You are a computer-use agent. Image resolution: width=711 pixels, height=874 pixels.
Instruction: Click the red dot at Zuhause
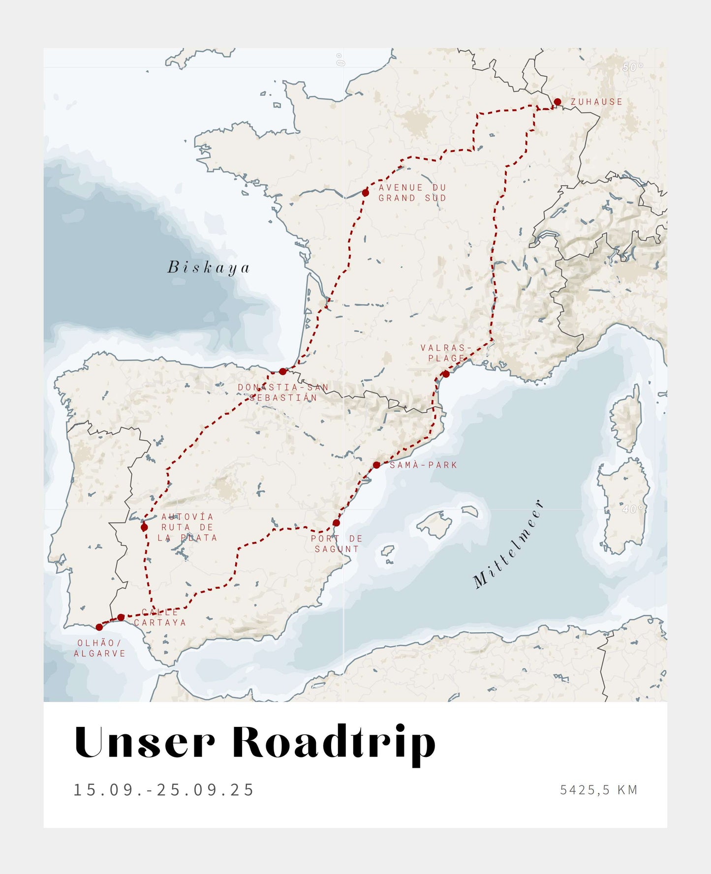pos(557,102)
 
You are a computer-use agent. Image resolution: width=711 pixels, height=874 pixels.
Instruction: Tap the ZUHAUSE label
pos(596,102)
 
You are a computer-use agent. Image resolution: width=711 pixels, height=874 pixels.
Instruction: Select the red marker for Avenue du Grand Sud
pos(365,193)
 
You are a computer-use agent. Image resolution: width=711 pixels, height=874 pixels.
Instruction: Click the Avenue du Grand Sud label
pos(412,193)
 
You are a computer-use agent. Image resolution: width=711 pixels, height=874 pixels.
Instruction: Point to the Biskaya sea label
pos(209,267)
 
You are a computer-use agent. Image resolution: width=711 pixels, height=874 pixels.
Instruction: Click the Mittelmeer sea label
pos(509,544)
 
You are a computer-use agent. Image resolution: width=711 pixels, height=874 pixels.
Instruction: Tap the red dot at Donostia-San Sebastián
pos(282,371)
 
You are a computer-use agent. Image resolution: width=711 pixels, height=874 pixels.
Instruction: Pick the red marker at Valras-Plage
pos(446,374)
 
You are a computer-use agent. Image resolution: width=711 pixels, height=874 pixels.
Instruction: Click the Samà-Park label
pos(423,465)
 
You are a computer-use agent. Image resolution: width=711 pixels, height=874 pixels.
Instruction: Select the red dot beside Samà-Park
pos(376,465)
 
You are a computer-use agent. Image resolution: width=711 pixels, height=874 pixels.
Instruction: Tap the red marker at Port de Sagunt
pos(336,523)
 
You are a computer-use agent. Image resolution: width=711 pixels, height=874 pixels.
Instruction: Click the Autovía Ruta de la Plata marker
pos(144,527)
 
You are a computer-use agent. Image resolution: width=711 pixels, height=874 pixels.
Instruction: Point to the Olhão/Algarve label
pos(99,648)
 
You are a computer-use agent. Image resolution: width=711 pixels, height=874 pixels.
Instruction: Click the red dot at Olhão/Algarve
pos(99,627)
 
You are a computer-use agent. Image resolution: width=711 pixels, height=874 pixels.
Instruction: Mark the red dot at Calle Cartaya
pos(121,617)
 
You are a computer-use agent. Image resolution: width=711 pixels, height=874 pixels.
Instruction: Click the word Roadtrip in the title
pos(334,743)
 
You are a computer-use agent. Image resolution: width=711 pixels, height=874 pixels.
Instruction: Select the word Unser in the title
pos(145,743)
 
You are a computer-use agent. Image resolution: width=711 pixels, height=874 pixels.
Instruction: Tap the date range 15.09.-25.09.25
pos(163,790)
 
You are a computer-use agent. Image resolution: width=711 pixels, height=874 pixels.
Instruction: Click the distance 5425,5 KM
pos(598,790)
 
